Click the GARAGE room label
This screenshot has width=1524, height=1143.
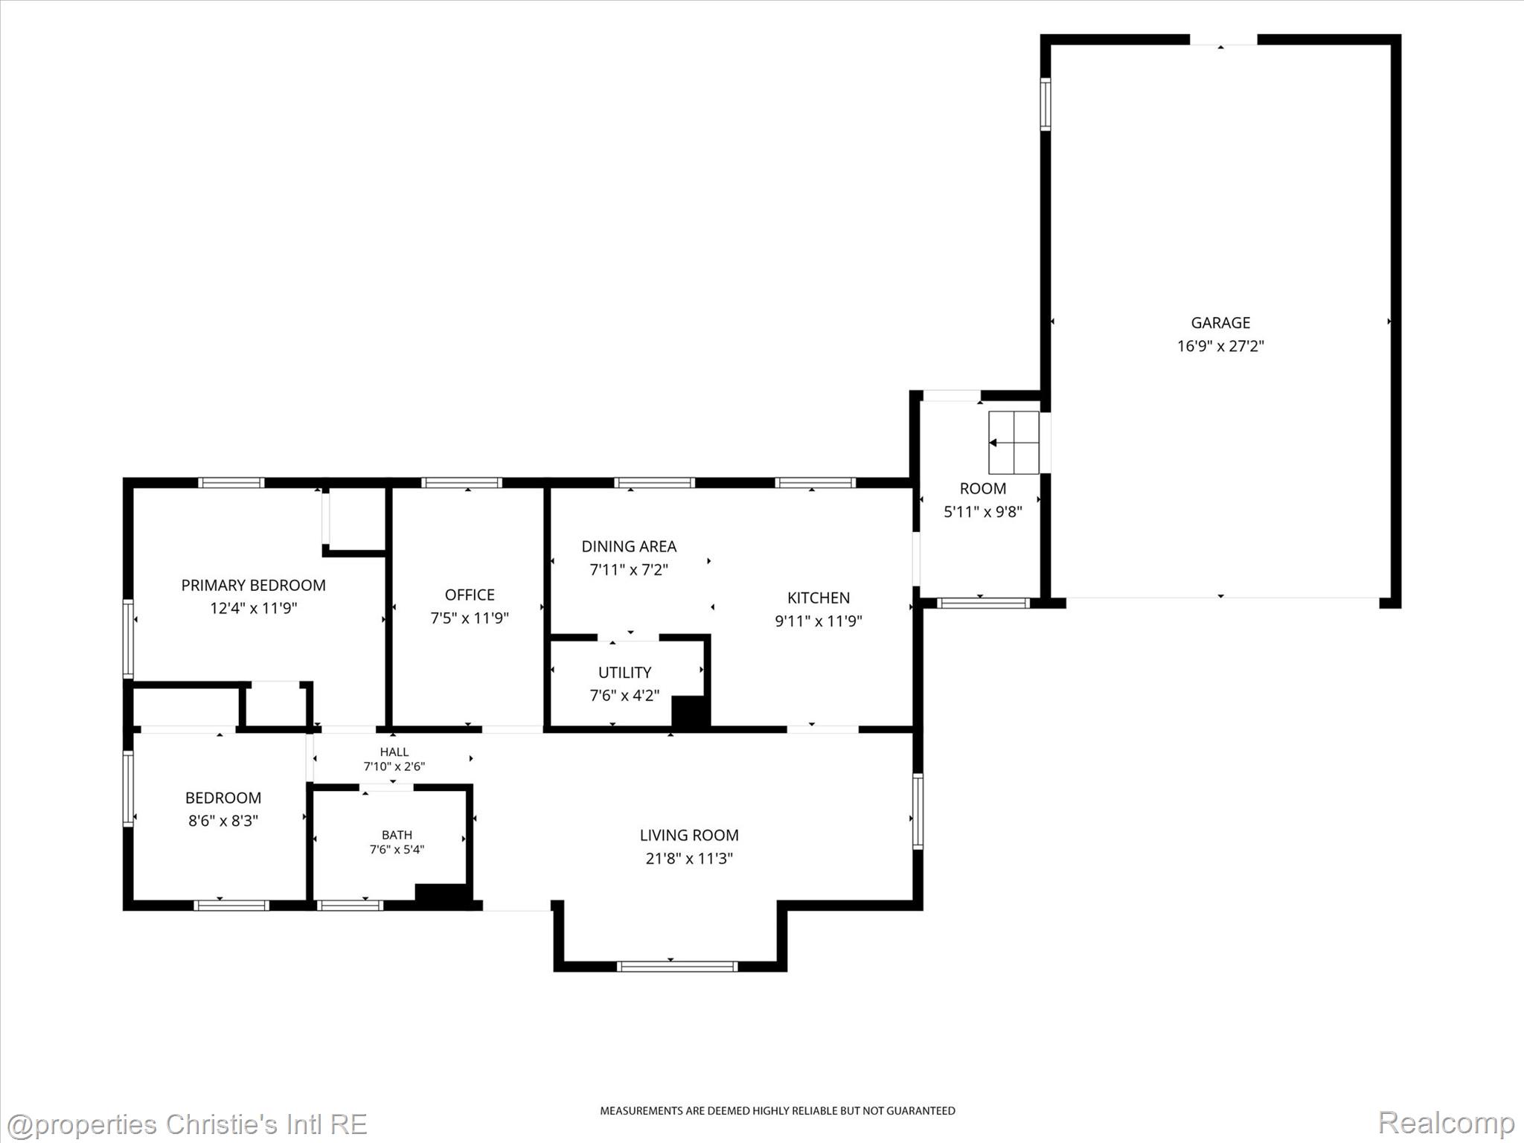(1220, 323)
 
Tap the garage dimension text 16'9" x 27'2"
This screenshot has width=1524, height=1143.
(1220, 346)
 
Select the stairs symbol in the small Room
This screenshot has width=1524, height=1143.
(1014, 443)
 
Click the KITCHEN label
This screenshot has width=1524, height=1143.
(819, 598)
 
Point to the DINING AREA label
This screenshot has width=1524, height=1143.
(629, 546)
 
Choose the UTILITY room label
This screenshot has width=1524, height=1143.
(624, 673)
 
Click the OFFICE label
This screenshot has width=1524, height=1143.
(470, 595)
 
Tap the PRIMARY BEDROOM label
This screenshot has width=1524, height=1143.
(253, 585)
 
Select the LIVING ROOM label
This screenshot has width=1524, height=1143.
(689, 835)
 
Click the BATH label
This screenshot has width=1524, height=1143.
(397, 835)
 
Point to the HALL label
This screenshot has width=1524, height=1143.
(394, 752)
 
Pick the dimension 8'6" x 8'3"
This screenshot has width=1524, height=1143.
(222, 821)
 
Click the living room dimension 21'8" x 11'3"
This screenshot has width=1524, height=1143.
(689, 858)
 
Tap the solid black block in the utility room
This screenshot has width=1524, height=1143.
(690, 712)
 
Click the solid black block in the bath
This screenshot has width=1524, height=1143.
(441, 895)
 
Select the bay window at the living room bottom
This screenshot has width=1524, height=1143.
(677, 967)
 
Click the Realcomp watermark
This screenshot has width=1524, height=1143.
(1446, 1123)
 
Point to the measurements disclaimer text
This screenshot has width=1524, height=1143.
(778, 1111)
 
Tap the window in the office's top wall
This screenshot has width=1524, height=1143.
(461, 482)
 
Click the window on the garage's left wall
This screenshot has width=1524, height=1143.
(1046, 104)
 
